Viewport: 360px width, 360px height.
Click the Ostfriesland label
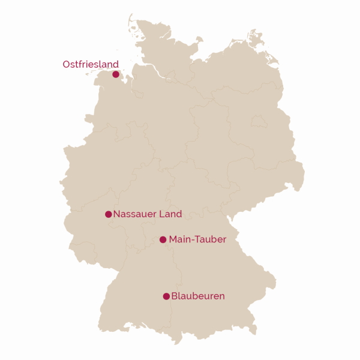click(x=91, y=64)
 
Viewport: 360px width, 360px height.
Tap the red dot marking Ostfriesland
click(x=116, y=74)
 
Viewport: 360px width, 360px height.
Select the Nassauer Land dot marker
click(x=109, y=214)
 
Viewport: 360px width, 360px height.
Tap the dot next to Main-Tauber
click(x=163, y=239)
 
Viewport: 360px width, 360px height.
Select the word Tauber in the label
click(x=211, y=239)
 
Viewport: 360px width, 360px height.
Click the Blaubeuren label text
click(x=198, y=296)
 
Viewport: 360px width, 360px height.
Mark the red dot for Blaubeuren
click(x=166, y=296)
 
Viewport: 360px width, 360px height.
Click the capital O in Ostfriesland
click(x=67, y=64)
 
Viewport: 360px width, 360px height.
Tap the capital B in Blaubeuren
click(x=175, y=296)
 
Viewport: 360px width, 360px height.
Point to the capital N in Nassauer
click(x=117, y=214)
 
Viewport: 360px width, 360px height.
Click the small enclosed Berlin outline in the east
click(x=259, y=122)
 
